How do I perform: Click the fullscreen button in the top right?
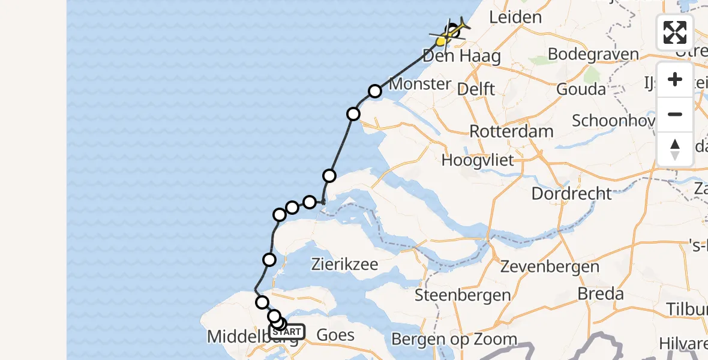pyautogui.click(x=675, y=32)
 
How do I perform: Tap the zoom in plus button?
pyautogui.click(x=675, y=79)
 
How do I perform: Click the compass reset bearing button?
pyautogui.click(x=675, y=149)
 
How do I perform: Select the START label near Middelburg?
pyautogui.click(x=287, y=332)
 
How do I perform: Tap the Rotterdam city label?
pyautogui.click(x=502, y=131)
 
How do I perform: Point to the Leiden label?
pyautogui.click(x=515, y=17)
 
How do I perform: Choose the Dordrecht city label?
pyautogui.click(x=572, y=193)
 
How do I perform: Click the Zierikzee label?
pyautogui.click(x=344, y=264)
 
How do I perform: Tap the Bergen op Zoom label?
pyautogui.click(x=454, y=339)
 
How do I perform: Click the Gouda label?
pyautogui.click(x=581, y=89)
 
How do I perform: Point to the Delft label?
pyautogui.click(x=475, y=89)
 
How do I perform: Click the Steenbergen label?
pyautogui.click(x=463, y=295)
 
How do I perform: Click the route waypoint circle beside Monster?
pyautogui.click(x=375, y=91)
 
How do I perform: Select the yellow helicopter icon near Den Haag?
pyautogui.click(x=442, y=41)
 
